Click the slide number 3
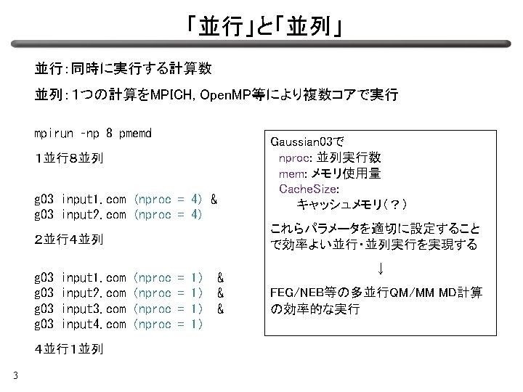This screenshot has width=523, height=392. coord(15,376)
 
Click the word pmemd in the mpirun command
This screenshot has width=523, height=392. coord(135,134)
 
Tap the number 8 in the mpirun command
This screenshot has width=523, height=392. coord(109,133)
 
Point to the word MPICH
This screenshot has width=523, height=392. coord(171,95)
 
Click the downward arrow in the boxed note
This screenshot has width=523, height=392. coord(381,269)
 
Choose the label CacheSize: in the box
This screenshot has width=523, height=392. coord(309,189)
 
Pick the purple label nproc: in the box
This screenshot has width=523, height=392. coord(296,158)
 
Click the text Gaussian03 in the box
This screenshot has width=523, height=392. coord(301,142)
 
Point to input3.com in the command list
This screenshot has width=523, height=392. coord(94,309)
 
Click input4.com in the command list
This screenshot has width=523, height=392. coord(94,324)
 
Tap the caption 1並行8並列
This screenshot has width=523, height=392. coord(69,158)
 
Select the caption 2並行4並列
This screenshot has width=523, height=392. coord(69,240)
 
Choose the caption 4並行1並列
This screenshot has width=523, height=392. coord(69,349)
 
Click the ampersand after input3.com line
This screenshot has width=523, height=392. coord(221,309)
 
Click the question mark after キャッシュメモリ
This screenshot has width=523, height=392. coord(394,204)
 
